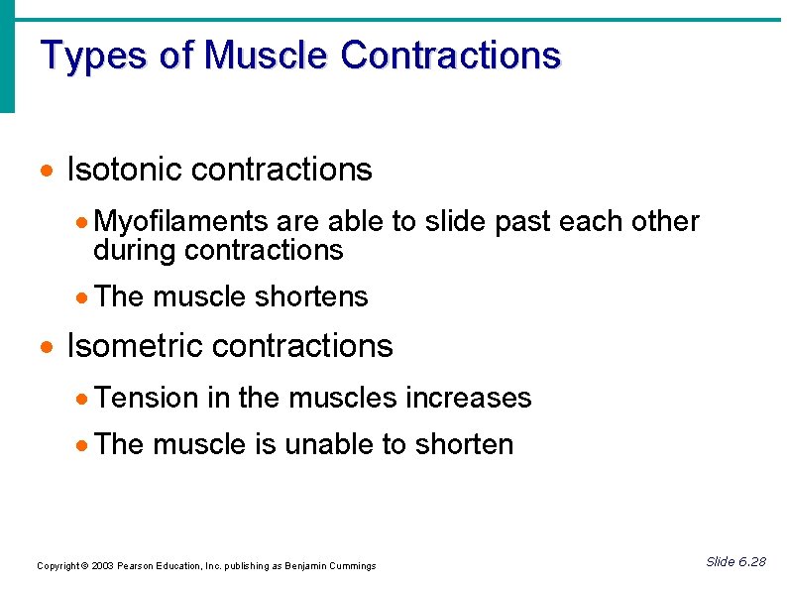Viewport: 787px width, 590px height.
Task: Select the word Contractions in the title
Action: click(x=450, y=56)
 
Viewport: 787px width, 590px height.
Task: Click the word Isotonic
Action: click(x=125, y=170)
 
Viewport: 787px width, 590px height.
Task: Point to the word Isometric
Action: click(x=136, y=346)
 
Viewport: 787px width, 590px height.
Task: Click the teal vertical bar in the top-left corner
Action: click(x=7, y=55)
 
